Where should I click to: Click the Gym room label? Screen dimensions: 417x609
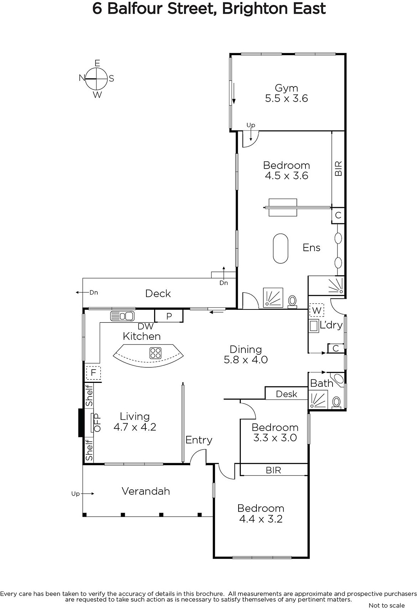286,88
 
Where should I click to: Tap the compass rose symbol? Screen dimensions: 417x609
97,79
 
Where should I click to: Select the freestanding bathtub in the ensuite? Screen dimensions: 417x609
280,248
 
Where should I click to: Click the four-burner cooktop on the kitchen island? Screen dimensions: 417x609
156,353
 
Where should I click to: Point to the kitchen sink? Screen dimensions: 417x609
123,316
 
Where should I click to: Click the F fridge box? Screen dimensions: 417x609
94,373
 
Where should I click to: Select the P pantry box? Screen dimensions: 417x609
169,316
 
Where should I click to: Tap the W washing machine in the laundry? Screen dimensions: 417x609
317,310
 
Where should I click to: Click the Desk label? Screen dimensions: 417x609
286,394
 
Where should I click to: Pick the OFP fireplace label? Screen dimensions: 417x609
97,423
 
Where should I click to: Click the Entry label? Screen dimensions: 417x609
199,440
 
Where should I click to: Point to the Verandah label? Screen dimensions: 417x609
146,491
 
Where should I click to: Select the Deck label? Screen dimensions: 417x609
158,293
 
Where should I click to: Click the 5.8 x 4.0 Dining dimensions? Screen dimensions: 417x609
246,360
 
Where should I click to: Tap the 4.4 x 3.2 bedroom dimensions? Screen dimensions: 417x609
261,519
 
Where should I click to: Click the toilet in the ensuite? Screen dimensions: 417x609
292,302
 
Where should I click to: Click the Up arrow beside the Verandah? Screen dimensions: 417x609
88,494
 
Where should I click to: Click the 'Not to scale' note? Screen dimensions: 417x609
387,605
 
